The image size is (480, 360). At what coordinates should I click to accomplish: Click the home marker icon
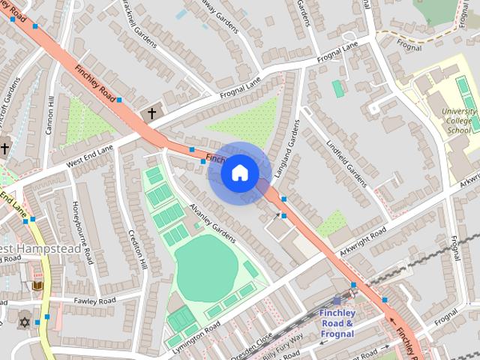click(239, 173)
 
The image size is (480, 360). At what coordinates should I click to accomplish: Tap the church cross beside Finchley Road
click(151, 113)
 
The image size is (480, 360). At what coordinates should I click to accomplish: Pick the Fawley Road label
click(94, 301)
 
